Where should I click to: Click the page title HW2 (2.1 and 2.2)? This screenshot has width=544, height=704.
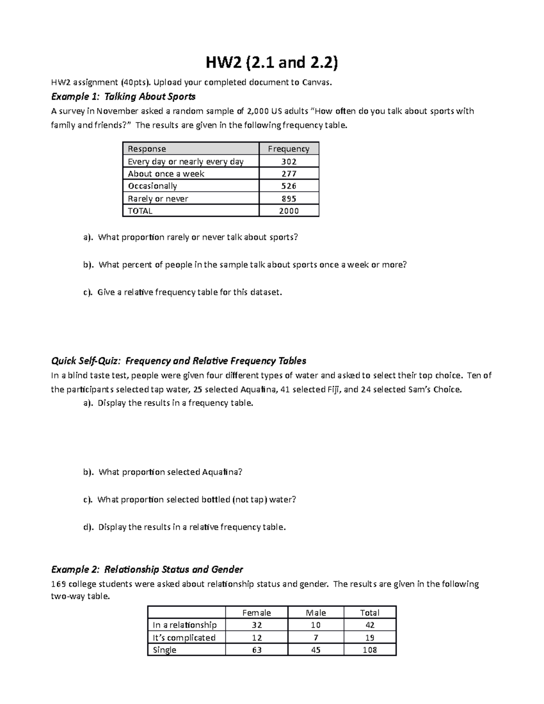click(272, 63)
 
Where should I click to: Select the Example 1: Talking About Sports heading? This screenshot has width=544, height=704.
click(123, 97)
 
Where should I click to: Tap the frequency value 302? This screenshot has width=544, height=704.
click(289, 161)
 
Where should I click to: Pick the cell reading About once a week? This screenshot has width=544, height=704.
click(166, 174)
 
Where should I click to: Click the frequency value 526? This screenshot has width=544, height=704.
click(289, 186)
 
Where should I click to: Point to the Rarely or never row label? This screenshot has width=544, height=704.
click(158, 199)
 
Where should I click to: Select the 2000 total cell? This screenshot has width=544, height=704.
click(289, 211)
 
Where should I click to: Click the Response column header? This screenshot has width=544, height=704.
click(147, 149)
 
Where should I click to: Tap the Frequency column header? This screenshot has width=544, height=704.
click(289, 149)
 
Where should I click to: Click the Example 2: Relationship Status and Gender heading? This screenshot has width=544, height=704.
click(147, 569)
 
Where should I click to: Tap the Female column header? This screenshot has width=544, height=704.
click(257, 612)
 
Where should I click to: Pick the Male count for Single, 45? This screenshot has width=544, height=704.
click(316, 650)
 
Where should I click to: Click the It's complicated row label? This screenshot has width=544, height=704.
click(184, 637)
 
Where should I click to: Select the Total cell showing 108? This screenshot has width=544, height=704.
click(370, 650)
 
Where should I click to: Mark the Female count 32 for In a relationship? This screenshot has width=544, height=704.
click(257, 625)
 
